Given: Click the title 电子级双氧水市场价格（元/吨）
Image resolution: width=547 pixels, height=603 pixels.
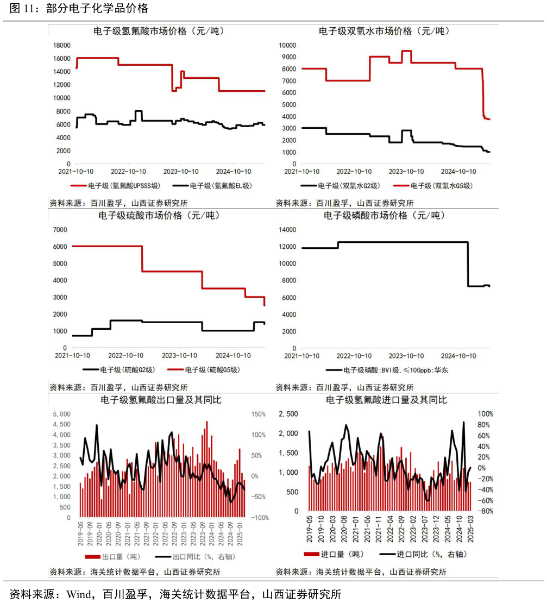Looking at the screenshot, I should tap(385, 32).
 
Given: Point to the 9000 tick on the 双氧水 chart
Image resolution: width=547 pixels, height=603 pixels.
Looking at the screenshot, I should tap(288, 57).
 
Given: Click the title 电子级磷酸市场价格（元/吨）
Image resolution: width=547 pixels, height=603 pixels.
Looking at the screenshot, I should tap(385, 216).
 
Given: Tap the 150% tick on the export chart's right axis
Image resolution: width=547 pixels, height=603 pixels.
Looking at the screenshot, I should tap(257, 414).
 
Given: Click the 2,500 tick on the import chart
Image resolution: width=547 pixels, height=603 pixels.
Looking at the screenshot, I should tap(288, 414).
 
